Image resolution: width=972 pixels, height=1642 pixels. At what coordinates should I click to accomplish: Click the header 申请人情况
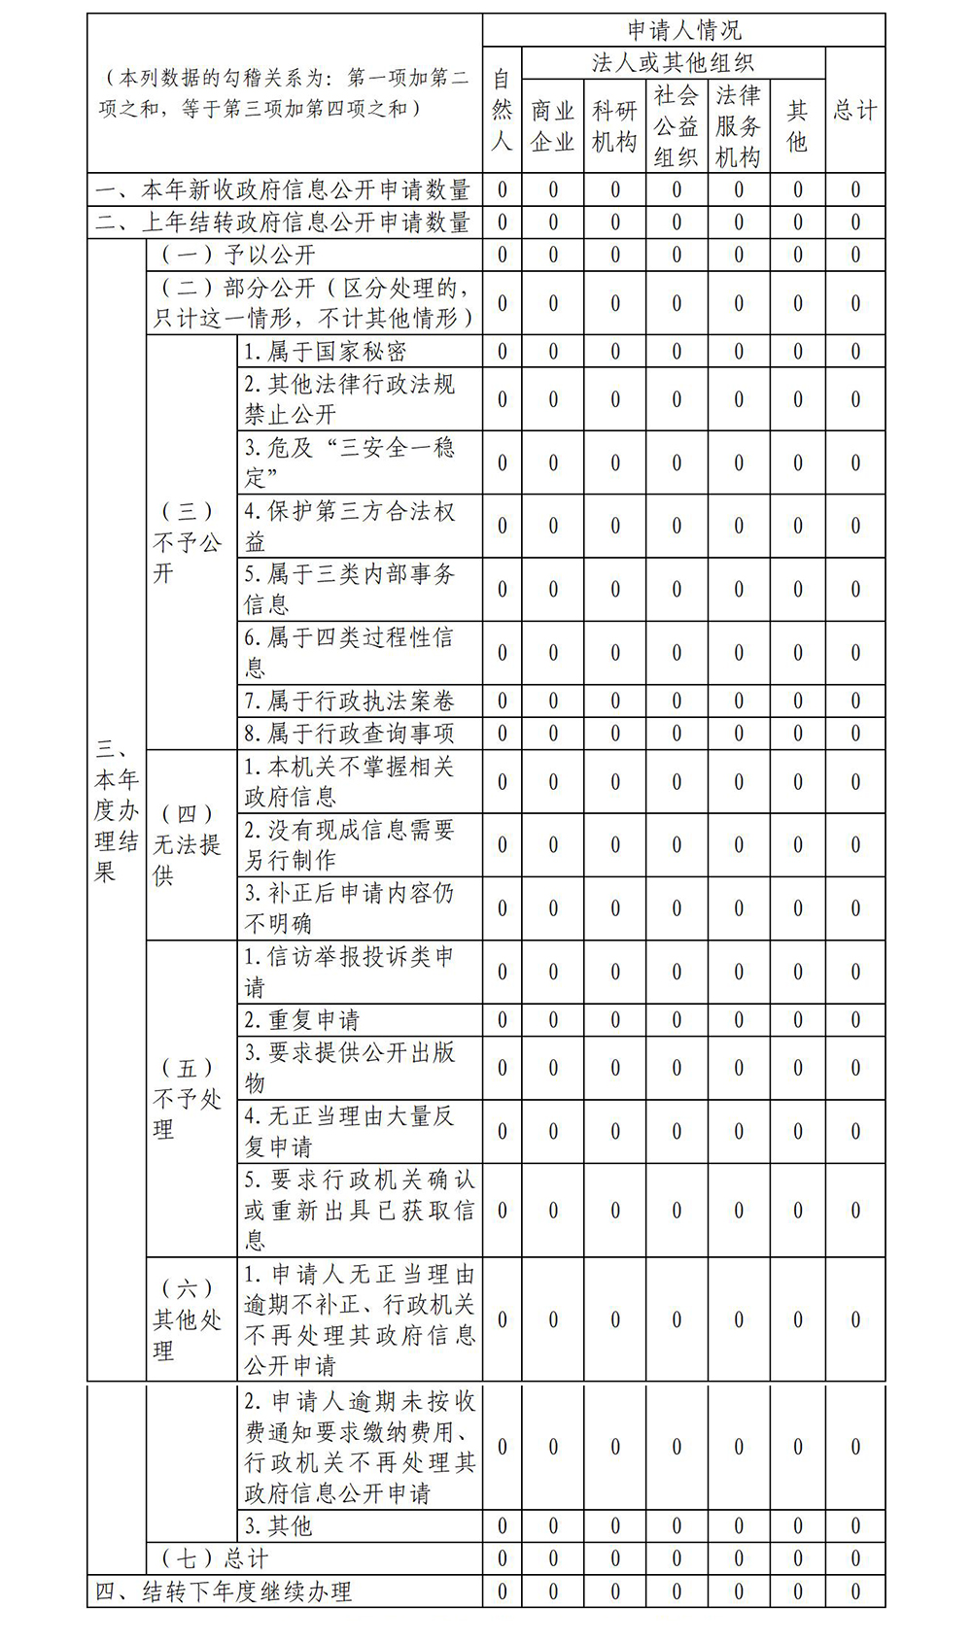(683, 30)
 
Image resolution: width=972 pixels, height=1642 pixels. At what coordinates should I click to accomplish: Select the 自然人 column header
(502, 110)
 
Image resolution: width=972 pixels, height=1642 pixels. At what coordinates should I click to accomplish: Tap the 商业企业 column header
(552, 126)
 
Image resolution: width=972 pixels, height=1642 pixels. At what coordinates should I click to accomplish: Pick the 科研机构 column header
(614, 126)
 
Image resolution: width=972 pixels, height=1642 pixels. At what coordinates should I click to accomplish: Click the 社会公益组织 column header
(677, 126)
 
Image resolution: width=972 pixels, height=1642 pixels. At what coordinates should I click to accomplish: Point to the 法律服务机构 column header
(738, 126)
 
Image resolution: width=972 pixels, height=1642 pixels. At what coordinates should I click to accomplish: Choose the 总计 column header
(855, 110)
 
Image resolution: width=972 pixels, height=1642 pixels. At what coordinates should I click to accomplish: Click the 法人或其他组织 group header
(673, 63)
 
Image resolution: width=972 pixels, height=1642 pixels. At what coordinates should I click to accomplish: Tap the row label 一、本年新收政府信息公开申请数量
(284, 189)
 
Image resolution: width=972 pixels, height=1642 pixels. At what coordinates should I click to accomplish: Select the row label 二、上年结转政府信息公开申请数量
(284, 222)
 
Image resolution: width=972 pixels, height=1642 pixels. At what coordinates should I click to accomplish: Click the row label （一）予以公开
(239, 256)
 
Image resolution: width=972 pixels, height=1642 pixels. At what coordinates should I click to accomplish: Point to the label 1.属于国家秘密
(325, 352)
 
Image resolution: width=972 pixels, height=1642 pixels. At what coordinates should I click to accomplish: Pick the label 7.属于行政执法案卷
(349, 701)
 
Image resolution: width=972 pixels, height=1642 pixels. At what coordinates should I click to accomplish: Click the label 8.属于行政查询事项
(349, 734)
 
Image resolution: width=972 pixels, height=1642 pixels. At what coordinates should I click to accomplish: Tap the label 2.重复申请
(301, 1020)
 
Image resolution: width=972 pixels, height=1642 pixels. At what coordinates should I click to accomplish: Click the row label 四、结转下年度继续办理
(224, 1591)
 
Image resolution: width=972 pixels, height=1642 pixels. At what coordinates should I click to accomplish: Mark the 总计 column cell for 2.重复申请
(855, 1020)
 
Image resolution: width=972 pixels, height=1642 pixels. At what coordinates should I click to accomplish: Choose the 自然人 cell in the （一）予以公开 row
(502, 256)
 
